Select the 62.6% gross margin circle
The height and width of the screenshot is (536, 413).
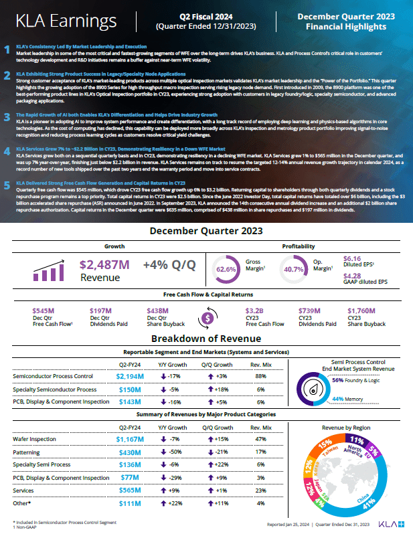(227, 270)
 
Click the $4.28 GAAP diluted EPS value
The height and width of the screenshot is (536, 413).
(352, 275)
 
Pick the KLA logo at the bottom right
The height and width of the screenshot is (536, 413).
(390, 523)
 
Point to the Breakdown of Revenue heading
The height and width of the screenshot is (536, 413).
(205, 338)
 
